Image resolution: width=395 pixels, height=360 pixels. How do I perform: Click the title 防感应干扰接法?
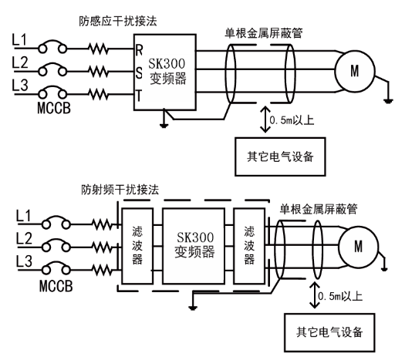[x=118, y=21]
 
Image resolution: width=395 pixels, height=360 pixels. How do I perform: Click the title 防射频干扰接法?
[x=120, y=190]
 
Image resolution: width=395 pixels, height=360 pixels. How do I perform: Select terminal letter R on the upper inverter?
[x=139, y=50]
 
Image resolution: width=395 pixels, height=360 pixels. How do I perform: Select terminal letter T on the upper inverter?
[x=139, y=96]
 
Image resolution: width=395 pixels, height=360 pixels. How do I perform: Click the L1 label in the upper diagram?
[x=19, y=40]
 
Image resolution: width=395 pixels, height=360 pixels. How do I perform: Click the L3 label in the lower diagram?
[x=24, y=261]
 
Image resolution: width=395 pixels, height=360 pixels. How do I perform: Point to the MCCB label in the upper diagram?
[x=54, y=108]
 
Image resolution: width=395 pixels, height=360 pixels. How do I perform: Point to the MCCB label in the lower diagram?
[x=56, y=286]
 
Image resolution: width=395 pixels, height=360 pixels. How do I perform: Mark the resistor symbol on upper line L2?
[x=99, y=71]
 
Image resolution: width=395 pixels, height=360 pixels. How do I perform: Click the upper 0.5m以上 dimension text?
[x=292, y=120]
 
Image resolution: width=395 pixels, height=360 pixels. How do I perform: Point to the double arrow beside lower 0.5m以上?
[x=314, y=295]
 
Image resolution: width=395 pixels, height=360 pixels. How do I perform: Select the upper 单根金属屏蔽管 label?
[x=264, y=33]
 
